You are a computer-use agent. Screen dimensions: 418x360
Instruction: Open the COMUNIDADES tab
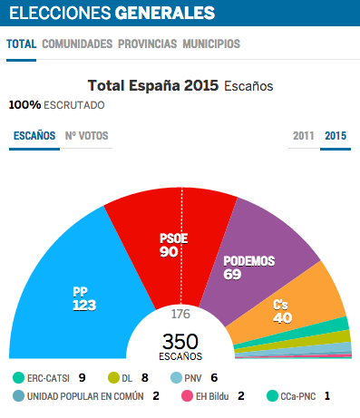coord(77,44)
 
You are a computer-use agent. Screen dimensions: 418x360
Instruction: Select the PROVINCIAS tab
coord(148,44)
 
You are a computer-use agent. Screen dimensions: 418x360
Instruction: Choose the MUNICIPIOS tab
coord(211,44)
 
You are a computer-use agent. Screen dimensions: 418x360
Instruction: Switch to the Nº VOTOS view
coord(86,136)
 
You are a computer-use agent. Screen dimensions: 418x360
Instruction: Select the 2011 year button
coord(304,136)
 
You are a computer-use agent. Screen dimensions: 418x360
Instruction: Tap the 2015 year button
coord(336,136)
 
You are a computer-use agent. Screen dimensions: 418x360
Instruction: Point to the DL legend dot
coord(113,377)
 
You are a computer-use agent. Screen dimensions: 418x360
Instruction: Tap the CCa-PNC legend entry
coord(299,396)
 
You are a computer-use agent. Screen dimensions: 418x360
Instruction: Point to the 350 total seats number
coord(180,341)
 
